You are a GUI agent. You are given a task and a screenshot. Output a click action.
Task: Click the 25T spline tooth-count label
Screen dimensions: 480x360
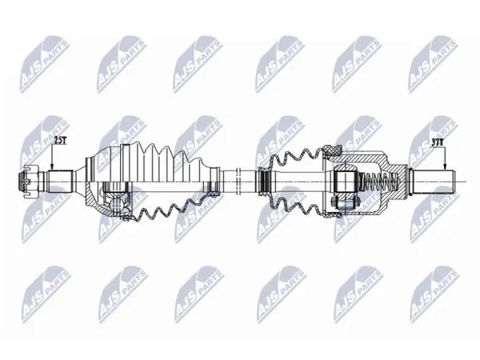tap(60, 141)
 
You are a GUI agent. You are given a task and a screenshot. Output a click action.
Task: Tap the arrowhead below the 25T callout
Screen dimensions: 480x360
tap(52, 166)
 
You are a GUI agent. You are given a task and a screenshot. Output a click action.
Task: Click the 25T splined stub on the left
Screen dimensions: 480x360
tap(59, 182)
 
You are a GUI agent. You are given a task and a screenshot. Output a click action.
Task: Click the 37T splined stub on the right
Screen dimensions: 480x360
tap(432, 182)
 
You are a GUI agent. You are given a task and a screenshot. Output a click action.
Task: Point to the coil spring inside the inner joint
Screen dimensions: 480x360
tap(380, 182)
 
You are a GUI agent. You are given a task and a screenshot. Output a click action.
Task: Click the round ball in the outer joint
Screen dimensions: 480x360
tap(118, 204)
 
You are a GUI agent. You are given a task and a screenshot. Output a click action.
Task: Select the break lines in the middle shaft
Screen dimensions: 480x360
tap(238, 182)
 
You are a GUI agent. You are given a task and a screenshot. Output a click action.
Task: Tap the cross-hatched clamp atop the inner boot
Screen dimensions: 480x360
tap(333, 150)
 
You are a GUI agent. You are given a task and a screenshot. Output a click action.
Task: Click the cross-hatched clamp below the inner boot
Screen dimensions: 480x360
tap(333, 214)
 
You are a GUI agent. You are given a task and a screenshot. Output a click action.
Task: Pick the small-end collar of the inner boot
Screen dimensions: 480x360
tap(265, 182)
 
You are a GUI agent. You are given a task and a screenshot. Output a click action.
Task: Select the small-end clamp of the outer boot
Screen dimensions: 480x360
tap(215, 182)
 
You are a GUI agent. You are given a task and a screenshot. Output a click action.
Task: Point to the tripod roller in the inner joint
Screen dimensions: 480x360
tap(345, 182)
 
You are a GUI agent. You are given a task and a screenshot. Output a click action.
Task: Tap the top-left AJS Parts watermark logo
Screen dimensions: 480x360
tap(44, 64)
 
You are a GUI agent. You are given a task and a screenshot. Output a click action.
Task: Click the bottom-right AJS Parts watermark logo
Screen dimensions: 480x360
tap(434, 294)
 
